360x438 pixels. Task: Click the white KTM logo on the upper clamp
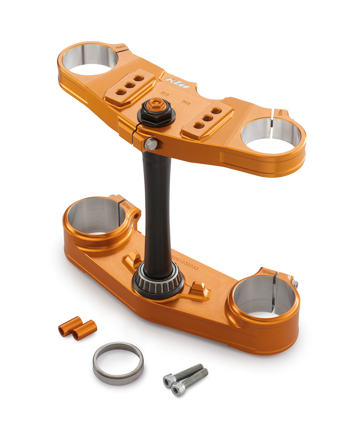pyautogui.click(x=177, y=82)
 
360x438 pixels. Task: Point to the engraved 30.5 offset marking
pyautogui.click(x=165, y=93)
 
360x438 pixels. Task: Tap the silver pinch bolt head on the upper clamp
pyautogui.click(x=151, y=144)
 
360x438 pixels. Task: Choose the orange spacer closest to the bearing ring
pyautogui.click(x=84, y=330)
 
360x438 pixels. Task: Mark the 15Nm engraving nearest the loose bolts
pyautogui.click(x=268, y=272)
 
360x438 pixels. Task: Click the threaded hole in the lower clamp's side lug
pyautogui.click(x=136, y=216)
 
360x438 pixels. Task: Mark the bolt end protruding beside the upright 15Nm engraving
pyautogui.click(x=295, y=284)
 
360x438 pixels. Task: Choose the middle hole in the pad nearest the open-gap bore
pyautogui.click(x=207, y=118)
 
